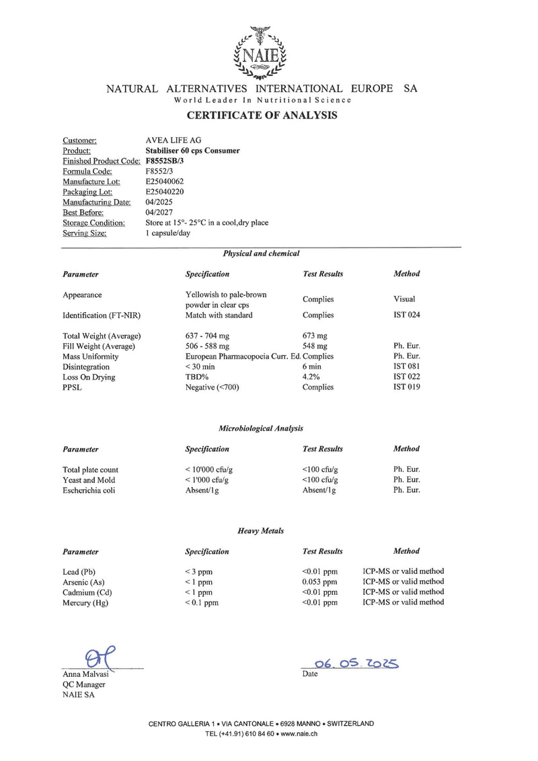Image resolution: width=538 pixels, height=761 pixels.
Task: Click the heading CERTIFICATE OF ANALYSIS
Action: pyautogui.click(x=262, y=116)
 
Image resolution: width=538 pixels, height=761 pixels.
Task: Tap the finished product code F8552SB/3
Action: pyautogui.click(x=165, y=161)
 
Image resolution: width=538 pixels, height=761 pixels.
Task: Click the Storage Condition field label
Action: pyautogui.click(x=93, y=223)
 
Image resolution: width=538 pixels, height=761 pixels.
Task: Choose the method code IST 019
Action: pyautogui.click(x=407, y=387)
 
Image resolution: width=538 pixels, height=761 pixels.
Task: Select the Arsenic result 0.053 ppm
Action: pyautogui.click(x=320, y=582)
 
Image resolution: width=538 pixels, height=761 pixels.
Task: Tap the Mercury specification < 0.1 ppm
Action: pyautogui.click(x=202, y=603)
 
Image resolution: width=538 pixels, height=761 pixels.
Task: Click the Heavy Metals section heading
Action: pyautogui.click(x=260, y=531)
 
